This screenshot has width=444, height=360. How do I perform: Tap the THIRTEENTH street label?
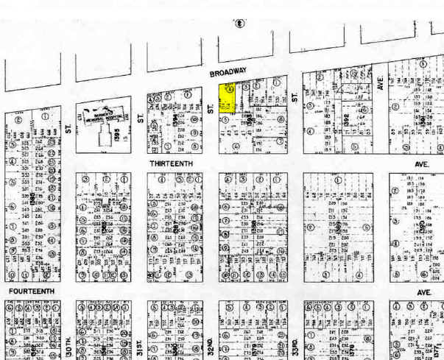172,163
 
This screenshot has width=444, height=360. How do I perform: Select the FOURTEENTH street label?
32,292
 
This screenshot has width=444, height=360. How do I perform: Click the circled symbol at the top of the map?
239,24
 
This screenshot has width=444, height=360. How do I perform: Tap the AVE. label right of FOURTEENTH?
423,292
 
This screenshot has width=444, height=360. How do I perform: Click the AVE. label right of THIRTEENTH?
423,164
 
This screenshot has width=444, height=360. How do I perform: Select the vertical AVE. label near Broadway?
380,82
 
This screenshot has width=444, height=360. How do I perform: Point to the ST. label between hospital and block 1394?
139,119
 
